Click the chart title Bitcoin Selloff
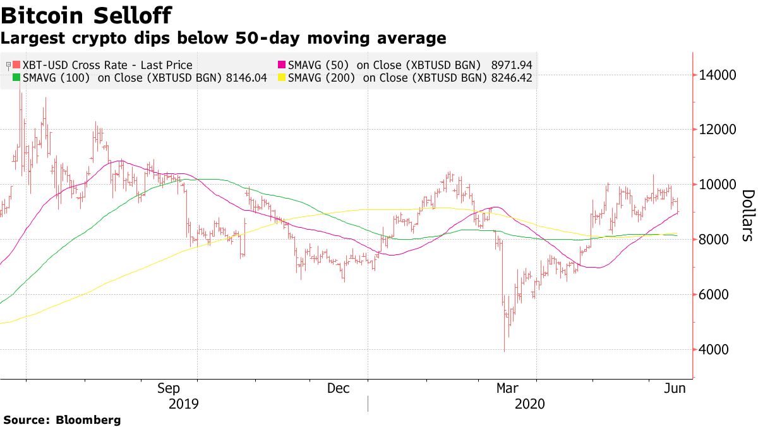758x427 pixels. click(87, 15)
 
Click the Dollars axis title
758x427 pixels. click(747, 216)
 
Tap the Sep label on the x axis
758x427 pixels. click(169, 389)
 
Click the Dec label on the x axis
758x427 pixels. click(339, 389)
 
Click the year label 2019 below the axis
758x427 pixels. click(184, 404)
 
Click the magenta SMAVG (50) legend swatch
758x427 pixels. click(282, 65)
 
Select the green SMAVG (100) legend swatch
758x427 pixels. click(17, 78)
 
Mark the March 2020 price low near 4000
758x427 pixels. click(503, 350)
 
